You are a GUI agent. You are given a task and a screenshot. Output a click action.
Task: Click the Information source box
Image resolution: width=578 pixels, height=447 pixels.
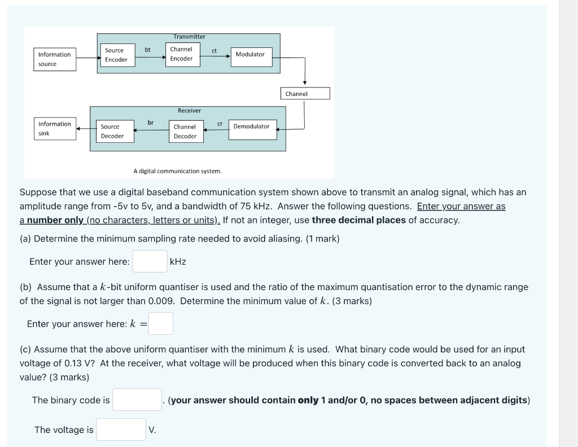[x=55, y=59]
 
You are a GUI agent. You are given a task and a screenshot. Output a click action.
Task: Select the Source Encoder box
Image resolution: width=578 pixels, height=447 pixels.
[x=116, y=55]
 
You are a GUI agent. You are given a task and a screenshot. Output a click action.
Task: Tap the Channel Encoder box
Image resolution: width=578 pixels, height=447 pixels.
[x=181, y=54]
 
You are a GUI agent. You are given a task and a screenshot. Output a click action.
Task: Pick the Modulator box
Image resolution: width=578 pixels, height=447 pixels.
[x=250, y=54]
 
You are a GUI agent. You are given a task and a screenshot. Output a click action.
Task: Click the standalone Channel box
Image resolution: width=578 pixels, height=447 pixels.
[x=305, y=94]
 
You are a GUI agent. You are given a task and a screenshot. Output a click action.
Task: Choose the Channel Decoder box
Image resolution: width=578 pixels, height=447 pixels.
[x=185, y=132]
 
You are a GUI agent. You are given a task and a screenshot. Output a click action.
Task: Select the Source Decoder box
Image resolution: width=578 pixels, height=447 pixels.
[x=112, y=132]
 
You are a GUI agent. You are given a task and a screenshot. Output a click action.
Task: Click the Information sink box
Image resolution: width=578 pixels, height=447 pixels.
[x=55, y=129]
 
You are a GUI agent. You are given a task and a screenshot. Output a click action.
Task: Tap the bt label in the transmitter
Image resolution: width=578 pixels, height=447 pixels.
[x=147, y=50]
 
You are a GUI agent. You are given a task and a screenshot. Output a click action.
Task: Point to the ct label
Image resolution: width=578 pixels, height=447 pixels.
[x=214, y=51]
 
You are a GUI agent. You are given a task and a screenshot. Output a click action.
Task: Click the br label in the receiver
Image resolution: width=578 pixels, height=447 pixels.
[x=151, y=122]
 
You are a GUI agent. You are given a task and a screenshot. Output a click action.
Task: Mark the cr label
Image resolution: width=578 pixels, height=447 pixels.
[x=220, y=122]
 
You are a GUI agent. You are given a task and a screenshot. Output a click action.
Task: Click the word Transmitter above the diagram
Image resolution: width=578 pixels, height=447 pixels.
[x=189, y=37]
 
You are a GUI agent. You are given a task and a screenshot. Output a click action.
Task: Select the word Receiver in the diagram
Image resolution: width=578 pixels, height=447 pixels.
[x=189, y=111]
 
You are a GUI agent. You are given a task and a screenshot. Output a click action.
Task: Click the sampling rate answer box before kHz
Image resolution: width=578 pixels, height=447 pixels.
[x=150, y=261]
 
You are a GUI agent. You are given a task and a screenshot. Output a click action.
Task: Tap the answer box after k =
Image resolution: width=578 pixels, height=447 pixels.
[x=161, y=323]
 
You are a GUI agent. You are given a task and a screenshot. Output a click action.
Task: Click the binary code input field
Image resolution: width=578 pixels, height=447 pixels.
[x=137, y=400]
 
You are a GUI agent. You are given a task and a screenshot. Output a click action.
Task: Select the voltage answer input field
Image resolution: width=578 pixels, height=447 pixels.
[x=121, y=430]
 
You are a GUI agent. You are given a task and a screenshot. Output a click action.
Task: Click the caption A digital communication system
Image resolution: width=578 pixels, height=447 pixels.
[x=177, y=170]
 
